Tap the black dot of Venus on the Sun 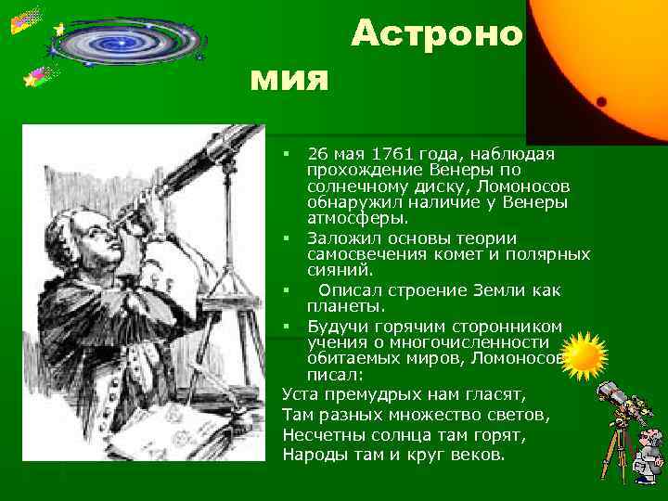[601, 100]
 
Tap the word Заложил [341, 238]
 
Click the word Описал [350, 290]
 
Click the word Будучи [337, 326]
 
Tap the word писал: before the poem [335, 375]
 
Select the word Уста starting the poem [302, 394]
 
